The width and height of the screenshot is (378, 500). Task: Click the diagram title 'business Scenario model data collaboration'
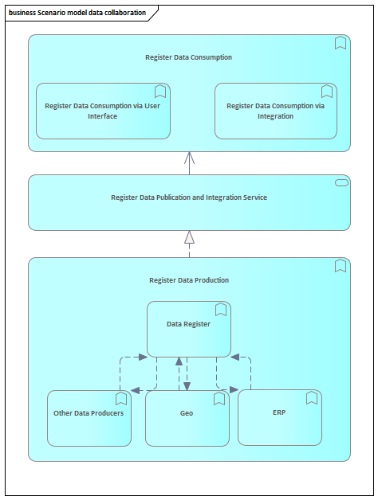(x=77, y=13)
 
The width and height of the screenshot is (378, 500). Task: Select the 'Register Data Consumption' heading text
(x=188, y=57)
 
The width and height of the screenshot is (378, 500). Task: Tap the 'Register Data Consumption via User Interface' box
(x=103, y=111)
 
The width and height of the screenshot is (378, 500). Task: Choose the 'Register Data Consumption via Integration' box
(x=276, y=111)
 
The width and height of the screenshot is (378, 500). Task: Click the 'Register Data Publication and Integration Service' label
(x=189, y=197)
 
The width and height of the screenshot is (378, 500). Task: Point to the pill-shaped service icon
(x=341, y=182)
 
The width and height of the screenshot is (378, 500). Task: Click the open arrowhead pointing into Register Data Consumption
(x=189, y=158)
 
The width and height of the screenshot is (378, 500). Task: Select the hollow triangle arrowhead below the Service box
(x=189, y=237)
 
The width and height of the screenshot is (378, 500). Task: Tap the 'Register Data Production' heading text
(x=189, y=280)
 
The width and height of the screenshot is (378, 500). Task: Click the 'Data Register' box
(x=189, y=329)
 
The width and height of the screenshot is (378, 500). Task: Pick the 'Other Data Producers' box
(x=89, y=418)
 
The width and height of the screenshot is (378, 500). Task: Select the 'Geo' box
(x=187, y=418)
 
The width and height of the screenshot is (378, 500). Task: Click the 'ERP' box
(x=280, y=417)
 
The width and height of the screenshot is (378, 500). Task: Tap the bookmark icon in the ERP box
(x=312, y=398)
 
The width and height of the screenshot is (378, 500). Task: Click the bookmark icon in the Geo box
(x=219, y=399)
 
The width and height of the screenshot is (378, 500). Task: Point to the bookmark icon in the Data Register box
(x=221, y=310)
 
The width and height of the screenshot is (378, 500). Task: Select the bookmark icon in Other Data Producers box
(x=121, y=399)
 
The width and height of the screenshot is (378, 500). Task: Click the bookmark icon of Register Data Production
(x=341, y=266)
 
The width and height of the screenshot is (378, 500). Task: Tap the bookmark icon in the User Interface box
(x=160, y=92)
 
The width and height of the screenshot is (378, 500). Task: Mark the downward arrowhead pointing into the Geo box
(x=187, y=386)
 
